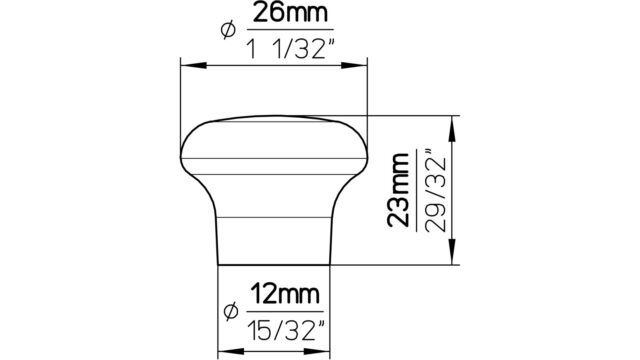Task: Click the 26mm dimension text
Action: (290, 13)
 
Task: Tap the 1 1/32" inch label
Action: (290, 48)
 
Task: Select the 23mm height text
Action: (398, 190)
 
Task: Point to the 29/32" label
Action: (435, 191)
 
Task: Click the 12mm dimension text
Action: (284, 294)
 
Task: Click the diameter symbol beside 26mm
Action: (228, 30)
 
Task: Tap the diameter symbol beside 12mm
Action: (231, 312)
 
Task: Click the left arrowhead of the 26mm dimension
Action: (193, 65)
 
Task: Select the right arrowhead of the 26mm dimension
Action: (354, 65)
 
